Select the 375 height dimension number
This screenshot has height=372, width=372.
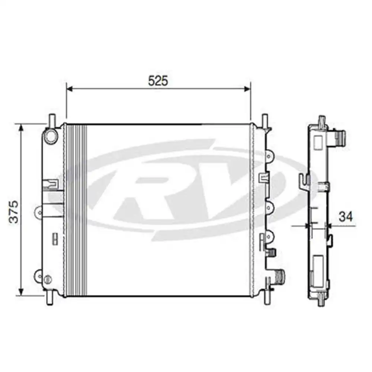tap(14, 212)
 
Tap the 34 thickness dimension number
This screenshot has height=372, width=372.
tap(346, 216)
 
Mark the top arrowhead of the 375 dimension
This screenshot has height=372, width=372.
tap(21, 127)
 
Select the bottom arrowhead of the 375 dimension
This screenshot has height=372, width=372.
tap(21, 292)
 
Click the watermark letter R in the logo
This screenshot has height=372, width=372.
tap(149, 193)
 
